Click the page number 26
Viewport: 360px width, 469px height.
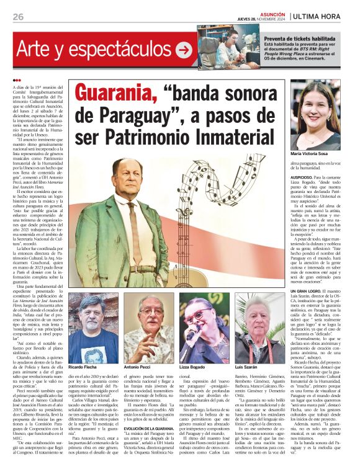pyautogui.click(x=17, y=16)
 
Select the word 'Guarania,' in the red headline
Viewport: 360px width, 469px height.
pyautogui.click(x=115, y=94)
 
